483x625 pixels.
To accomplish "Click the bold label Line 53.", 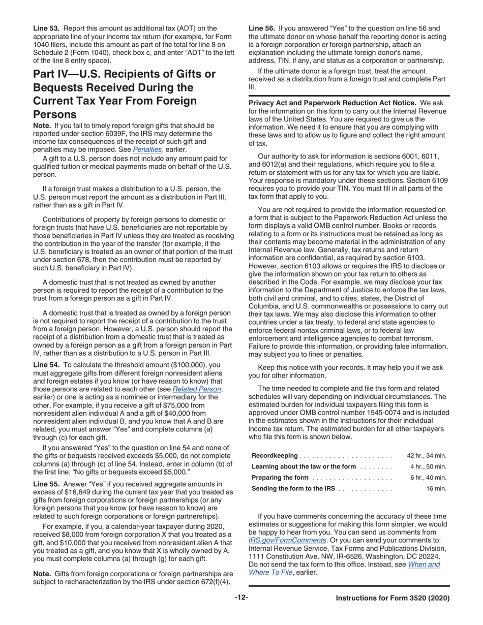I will coord(45,28).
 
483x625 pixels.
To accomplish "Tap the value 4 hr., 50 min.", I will coord(429,466).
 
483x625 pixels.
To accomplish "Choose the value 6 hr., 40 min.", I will coord(429,478).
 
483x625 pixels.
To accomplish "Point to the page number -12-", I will coord(242,598).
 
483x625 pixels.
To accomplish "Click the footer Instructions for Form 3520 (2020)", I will coord(393,599).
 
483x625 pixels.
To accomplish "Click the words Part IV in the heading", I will coord(55,74).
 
